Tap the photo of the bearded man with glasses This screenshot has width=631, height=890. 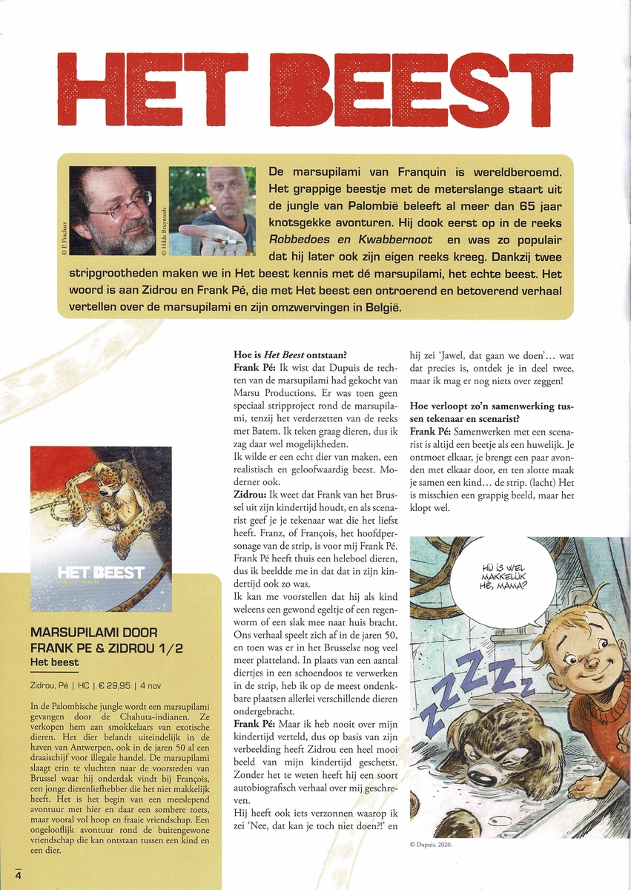(113, 211)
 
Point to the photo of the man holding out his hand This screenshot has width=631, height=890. (211, 211)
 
